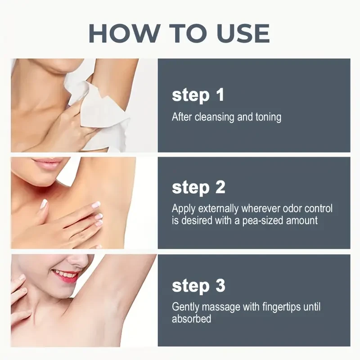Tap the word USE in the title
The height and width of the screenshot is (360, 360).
click(243, 33)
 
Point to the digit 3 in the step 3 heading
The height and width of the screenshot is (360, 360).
click(220, 285)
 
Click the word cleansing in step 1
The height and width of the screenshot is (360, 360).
click(215, 117)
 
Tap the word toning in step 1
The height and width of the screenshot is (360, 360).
click(268, 117)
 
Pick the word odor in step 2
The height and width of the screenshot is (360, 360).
click(292, 208)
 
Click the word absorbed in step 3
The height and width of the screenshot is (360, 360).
click(192, 319)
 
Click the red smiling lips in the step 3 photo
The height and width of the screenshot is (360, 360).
click(65, 275)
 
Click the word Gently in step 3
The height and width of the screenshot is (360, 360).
click(185, 307)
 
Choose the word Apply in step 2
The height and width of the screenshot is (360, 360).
click(184, 209)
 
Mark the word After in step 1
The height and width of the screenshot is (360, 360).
click(182, 117)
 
